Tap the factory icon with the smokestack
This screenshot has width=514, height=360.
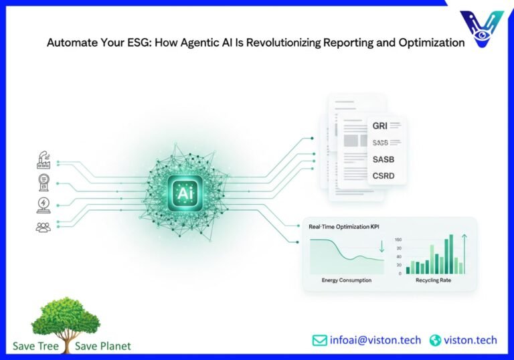pyautogui.click(x=44, y=160)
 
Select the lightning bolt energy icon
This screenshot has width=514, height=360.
pyautogui.click(x=44, y=205)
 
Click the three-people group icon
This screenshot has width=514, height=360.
pyautogui.click(x=44, y=228)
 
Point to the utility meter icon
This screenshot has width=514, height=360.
pyautogui.click(x=44, y=183)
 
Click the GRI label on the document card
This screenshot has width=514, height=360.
pyautogui.click(x=379, y=124)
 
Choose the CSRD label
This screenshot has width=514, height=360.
pyautogui.click(x=383, y=176)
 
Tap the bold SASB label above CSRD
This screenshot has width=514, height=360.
pyautogui.click(x=384, y=159)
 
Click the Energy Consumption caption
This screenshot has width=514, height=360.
pyautogui.click(x=347, y=280)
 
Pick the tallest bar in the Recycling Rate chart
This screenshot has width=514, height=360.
pyautogui.click(x=450, y=254)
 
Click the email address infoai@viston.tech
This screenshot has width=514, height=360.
pyautogui.click(x=375, y=340)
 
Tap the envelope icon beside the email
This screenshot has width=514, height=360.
pyautogui.click(x=320, y=340)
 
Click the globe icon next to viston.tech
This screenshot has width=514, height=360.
pyautogui.click(x=436, y=340)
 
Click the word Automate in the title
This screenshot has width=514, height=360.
pyautogui.click(x=70, y=43)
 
